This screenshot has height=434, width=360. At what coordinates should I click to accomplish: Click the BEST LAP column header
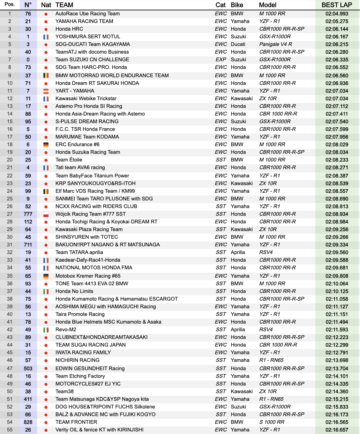337,5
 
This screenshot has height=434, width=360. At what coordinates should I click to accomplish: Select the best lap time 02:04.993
337,14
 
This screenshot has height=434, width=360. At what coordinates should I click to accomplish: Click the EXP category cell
221,60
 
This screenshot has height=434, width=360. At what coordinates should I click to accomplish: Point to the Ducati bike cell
238,44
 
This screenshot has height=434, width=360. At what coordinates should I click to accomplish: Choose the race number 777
28,214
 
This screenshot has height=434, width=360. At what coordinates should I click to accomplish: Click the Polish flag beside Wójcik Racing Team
46,214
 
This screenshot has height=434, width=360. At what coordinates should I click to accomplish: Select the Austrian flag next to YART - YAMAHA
46,91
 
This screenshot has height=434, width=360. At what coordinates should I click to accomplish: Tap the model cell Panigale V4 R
275,44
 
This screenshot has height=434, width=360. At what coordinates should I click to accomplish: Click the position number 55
10,430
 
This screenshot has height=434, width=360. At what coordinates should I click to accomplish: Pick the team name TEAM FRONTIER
76,422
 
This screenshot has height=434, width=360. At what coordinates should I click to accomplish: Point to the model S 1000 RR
272,422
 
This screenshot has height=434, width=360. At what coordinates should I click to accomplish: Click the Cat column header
221,5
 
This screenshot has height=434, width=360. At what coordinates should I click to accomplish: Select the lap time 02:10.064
337,284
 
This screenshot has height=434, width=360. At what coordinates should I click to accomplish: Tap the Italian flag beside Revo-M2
46,330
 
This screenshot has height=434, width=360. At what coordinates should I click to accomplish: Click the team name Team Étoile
69,160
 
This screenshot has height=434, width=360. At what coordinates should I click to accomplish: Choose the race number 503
28,369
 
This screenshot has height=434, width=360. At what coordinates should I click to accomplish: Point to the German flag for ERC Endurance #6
46,145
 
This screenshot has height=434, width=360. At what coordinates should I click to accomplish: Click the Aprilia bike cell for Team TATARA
238,252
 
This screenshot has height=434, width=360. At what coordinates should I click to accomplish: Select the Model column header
267,5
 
